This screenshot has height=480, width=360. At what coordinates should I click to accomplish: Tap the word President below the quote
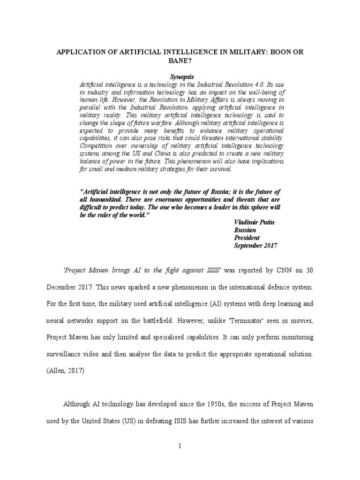pyautogui.click(x=247, y=238)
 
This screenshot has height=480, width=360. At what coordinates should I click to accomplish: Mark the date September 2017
pyautogui.click(x=255, y=246)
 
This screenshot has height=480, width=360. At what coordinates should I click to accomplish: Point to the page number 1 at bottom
pyautogui.click(x=180, y=446)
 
